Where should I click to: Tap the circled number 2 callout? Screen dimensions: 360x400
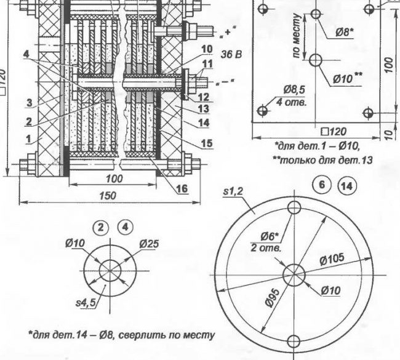[102, 227]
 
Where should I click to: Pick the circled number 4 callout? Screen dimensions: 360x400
[126, 227]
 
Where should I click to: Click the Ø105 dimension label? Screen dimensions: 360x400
[332, 258]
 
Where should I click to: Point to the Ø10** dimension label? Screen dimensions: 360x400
[348, 78]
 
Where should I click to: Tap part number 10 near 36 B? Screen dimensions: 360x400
[207, 49]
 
